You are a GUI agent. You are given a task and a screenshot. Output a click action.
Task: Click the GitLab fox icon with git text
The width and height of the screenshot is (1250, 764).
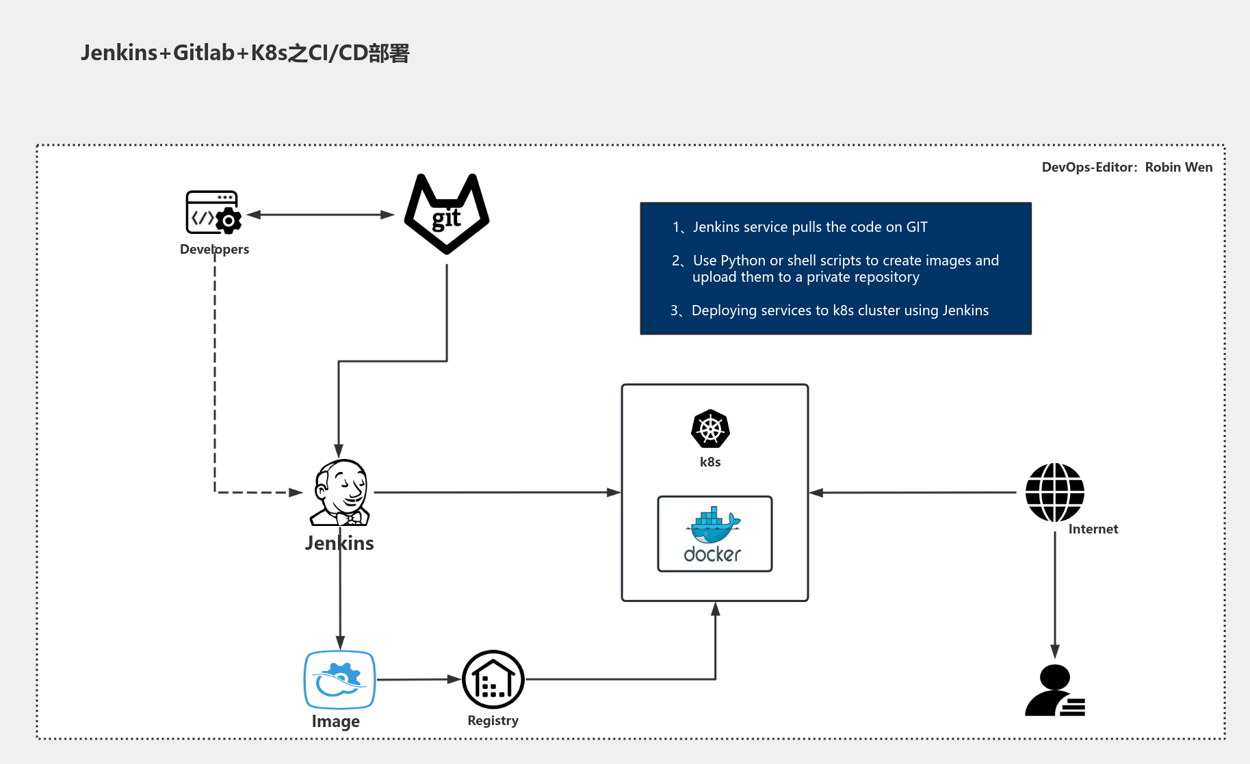tap(447, 214)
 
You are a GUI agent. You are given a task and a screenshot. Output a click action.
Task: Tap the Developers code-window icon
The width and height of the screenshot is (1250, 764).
tap(213, 213)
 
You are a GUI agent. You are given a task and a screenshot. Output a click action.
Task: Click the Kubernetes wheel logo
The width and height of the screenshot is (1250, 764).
tap(710, 429)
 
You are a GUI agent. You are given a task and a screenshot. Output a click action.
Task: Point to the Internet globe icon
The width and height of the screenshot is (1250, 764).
tap(1054, 492)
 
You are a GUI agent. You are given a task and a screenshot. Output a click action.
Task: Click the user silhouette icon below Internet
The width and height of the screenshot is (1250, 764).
tap(1054, 691)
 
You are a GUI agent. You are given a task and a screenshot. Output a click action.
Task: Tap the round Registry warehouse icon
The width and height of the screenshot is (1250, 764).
tap(493, 679)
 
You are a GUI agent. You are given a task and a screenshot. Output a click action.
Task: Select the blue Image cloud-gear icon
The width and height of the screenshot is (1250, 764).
tap(339, 679)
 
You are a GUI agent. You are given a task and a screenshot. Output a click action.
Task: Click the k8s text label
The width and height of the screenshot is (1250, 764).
tap(710, 462)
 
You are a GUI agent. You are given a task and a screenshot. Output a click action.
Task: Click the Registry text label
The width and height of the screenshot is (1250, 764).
tap(493, 720)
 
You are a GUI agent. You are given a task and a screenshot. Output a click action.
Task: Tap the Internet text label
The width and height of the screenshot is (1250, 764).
tap(1093, 529)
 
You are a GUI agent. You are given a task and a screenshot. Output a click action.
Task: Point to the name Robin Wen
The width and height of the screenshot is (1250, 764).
tap(1178, 168)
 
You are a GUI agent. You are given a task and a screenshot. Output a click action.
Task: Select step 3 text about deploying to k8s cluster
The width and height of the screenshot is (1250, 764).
tap(839, 311)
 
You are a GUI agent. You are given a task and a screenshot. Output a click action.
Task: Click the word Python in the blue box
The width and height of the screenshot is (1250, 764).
tap(742, 261)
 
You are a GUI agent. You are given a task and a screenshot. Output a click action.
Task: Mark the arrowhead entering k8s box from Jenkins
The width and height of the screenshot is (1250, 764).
tap(614, 492)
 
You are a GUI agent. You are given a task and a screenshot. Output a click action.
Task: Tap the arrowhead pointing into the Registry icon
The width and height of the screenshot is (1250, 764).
tap(454, 679)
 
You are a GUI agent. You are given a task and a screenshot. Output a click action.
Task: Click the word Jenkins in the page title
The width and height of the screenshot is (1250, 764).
tap(119, 53)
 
